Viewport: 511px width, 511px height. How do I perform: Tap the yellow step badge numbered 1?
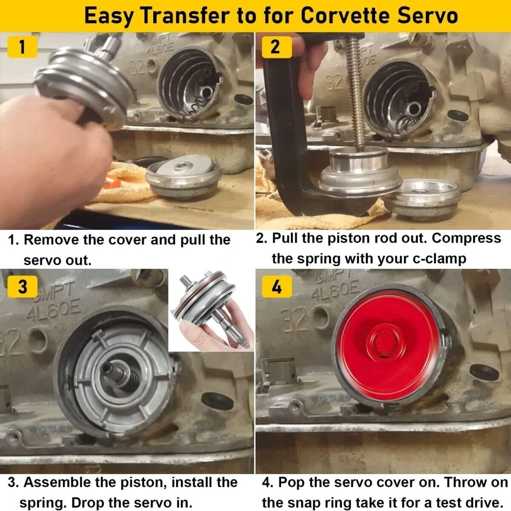[x=21, y=47]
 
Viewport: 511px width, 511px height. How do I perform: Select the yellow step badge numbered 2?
[x=276, y=47]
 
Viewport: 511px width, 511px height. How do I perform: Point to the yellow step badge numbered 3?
[x=22, y=287]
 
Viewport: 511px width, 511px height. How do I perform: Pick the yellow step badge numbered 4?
[x=276, y=287]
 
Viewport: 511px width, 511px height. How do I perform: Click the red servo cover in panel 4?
[x=387, y=347]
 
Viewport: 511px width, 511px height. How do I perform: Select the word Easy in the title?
[x=109, y=16]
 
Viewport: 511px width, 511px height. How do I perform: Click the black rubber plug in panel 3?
[x=217, y=401]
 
